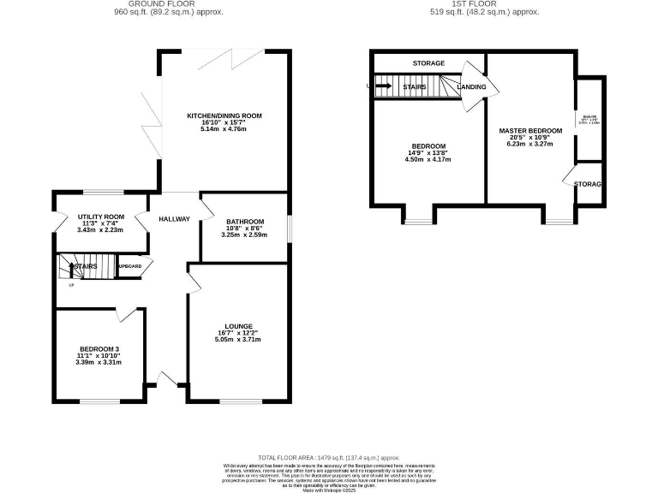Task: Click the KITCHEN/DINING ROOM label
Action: (x=224, y=116)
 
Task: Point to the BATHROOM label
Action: (x=245, y=222)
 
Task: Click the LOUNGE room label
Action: (x=238, y=326)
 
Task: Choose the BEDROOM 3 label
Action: (x=99, y=349)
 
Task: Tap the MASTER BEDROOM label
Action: (x=530, y=131)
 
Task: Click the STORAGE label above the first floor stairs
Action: (x=428, y=64)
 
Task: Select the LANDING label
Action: (x=472, y=87)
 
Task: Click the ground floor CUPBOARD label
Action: (x=130, y=266)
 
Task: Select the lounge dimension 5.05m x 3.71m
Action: (x=238, y=340)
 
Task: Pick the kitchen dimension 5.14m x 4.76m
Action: (x=224, y=129)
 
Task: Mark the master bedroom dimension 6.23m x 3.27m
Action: (x=530, y=145)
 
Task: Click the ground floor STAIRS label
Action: (x=86, y=267)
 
